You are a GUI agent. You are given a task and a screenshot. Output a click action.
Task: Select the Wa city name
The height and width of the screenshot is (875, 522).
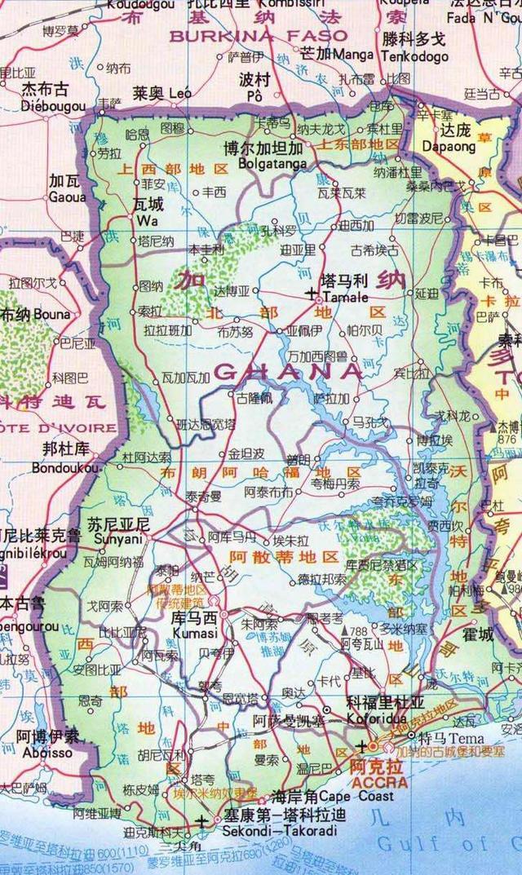144,219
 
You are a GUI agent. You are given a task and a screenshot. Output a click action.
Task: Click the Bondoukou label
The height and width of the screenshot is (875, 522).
65,468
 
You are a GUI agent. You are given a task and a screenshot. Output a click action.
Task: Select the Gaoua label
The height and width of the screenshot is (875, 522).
67,197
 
